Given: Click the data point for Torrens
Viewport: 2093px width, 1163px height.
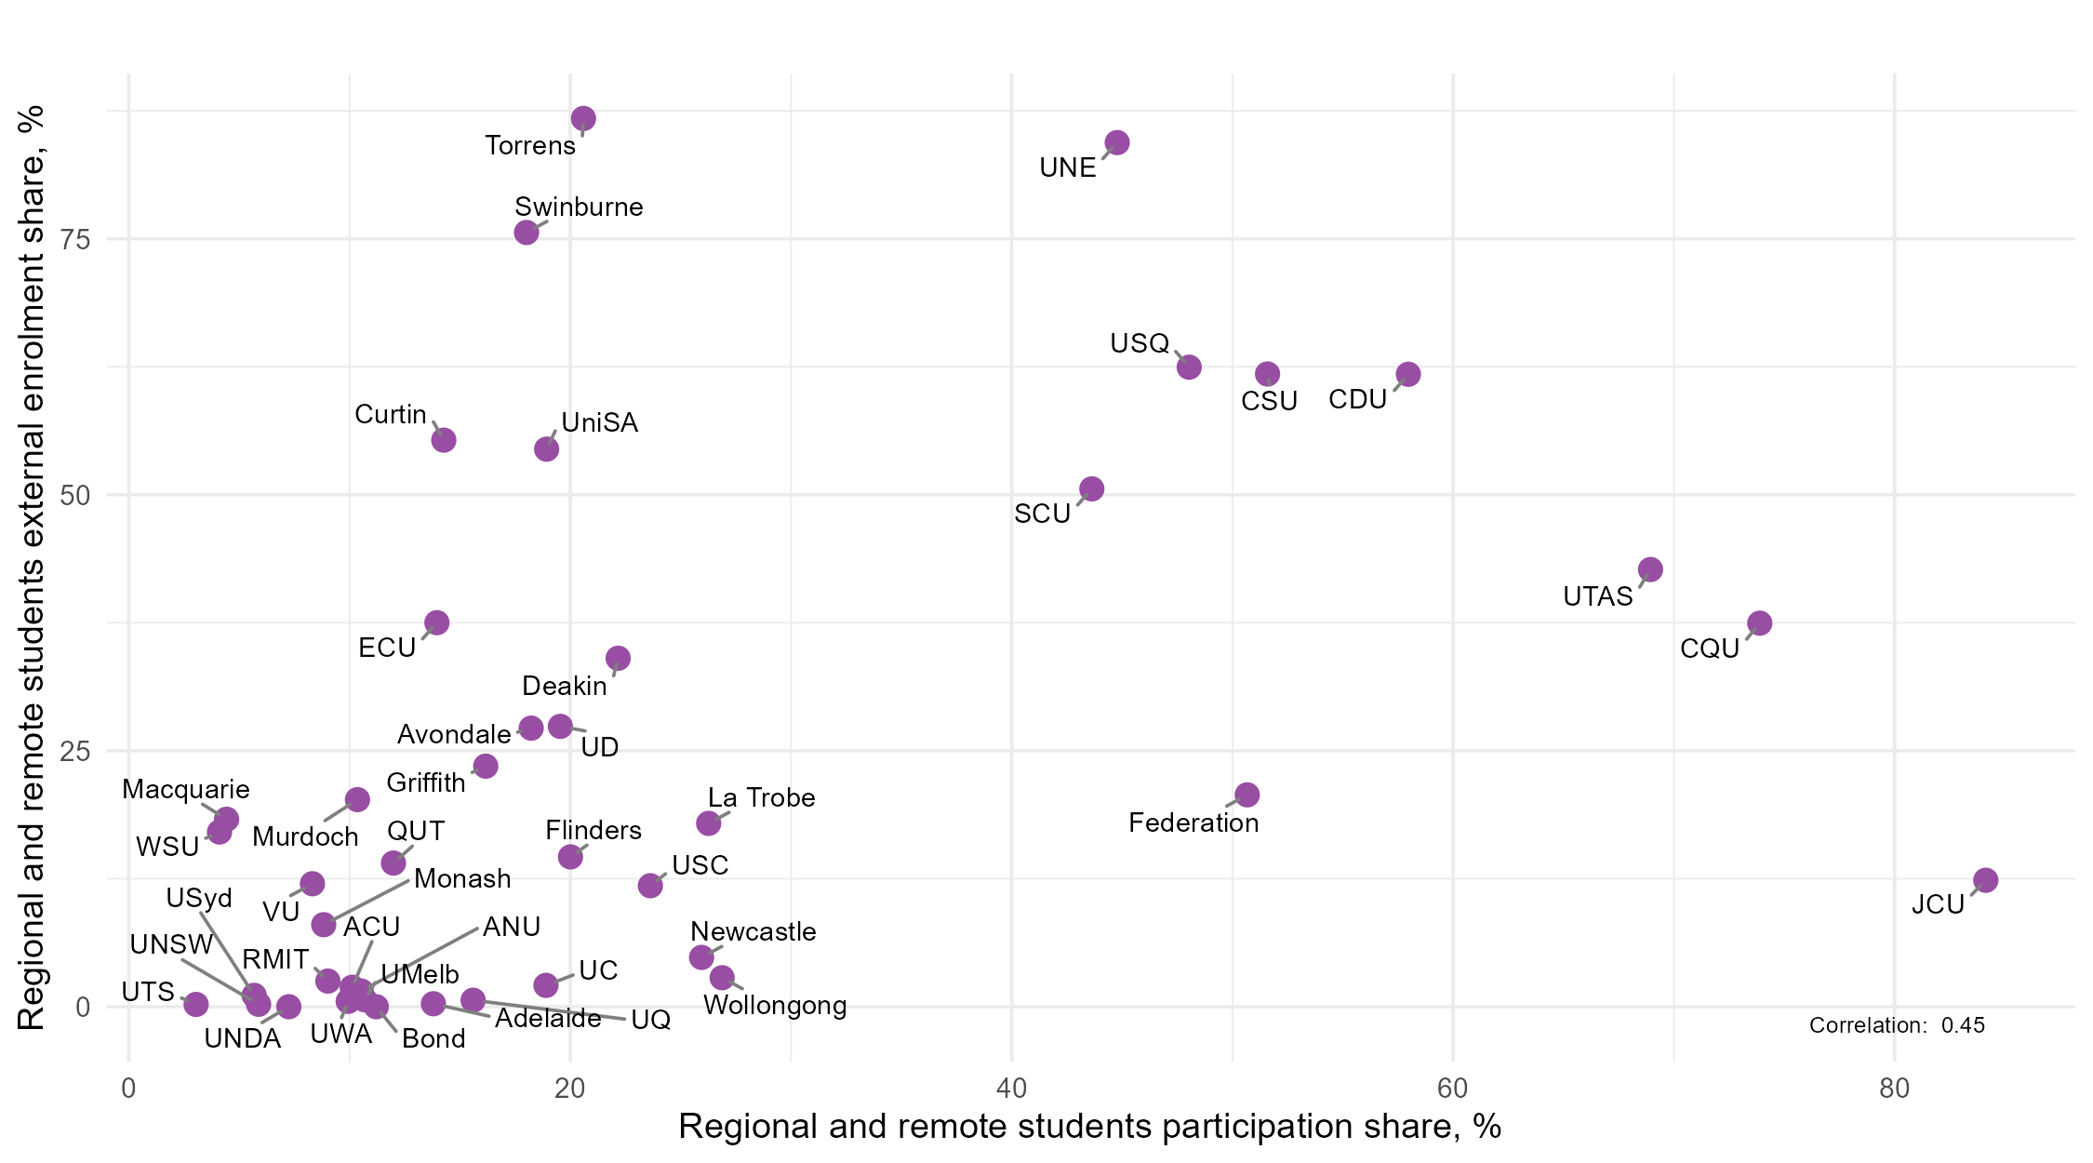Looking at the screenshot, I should click(x=583, y=119).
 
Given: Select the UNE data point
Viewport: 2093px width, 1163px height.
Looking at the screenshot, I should click(x=1117, y=143).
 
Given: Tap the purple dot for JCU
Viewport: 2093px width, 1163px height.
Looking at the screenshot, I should click(x=1985, y=880).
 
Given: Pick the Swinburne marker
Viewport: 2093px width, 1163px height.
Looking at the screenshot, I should click(x=527, y=233).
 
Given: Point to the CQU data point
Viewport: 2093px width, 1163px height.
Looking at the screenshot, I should click(x=1759, y=623).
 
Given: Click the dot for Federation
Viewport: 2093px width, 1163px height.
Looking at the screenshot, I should click(x=1247, y=795).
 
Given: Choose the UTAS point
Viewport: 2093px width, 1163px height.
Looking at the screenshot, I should click(x=1650, y=569).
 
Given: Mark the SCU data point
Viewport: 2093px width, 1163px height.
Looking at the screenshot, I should click(x=1092, y=489).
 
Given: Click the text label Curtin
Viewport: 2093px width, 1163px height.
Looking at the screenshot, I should click(x=391, y=415).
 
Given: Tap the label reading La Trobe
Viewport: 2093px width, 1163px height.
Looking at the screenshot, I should click(x=761, y=798).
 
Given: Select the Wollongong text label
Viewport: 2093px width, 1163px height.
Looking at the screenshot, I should click(x=775, y=1006).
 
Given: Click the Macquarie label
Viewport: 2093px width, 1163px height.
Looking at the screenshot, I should click(x=186, y=790).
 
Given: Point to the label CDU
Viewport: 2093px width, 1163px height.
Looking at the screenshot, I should click(x=1357, y=400).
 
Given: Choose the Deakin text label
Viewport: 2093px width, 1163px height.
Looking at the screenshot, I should click(x=564, y=687).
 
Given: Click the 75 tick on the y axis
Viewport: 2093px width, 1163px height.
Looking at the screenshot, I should click(x=75, y=240).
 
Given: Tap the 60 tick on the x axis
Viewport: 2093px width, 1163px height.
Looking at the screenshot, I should click(x=1453, y=1089).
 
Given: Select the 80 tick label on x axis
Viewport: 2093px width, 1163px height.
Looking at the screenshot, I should click(x=1894, y=1089).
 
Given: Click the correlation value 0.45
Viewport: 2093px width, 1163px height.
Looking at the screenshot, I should click(x=1963, y=1025).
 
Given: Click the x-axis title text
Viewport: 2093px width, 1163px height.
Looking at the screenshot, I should click(x=1089, y=1127).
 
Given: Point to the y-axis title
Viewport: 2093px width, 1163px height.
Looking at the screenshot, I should click(x=32, y=568).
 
